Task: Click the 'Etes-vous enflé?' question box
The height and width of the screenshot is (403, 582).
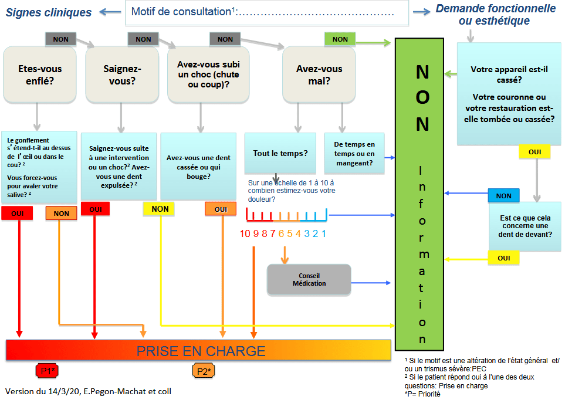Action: pos(40,74)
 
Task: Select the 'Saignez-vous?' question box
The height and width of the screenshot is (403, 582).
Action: pos(122,74)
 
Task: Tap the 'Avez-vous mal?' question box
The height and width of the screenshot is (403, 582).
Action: pos(319,74)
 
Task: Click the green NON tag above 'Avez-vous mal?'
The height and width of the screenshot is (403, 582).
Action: pos(340,39)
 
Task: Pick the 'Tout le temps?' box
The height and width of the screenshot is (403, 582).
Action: pos(280,153)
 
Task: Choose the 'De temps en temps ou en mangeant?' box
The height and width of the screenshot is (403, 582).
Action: pos(354,153)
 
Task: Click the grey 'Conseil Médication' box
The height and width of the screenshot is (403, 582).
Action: pos(309,280)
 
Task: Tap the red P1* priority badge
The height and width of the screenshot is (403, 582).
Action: pos(47,371)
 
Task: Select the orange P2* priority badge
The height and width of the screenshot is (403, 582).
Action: pos(204,371)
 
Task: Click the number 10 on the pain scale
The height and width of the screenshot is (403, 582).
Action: pos(245,233)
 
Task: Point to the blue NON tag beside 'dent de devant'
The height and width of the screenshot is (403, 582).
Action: pos(504,195)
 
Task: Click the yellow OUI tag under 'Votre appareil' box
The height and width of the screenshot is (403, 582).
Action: pos(534,152)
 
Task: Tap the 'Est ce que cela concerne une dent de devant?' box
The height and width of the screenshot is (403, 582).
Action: pos(525,226)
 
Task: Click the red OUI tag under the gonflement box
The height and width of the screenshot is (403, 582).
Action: pos(17,214)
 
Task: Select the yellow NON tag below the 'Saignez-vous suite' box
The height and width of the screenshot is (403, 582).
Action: pos(159,209)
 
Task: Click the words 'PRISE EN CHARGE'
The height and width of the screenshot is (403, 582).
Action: pos(201,351)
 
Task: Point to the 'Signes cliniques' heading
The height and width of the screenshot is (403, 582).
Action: pos(49,12)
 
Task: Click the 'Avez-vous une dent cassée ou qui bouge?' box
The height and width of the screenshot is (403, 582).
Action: pos(198,167)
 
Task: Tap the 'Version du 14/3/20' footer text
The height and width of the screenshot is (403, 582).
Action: pos(42,391)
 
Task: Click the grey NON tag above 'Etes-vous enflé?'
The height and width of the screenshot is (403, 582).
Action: pos(60,39)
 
